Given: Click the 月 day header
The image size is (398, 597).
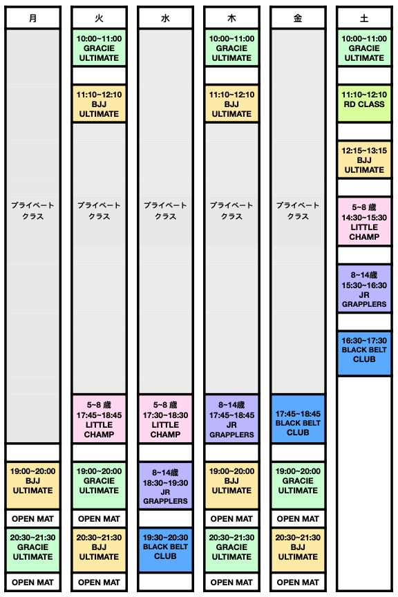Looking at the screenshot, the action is coord(32,18).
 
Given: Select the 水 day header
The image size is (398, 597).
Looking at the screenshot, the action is coord(165,18).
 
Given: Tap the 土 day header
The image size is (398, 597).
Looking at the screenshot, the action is coord(364,18).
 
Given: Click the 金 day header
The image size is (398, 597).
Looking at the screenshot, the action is coord(298,18).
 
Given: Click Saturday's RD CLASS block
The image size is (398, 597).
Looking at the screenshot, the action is coord(364,104).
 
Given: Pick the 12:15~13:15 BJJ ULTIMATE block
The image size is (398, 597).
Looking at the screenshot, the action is coord(364,160).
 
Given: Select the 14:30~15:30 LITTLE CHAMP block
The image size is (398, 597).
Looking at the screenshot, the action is coord(364,222).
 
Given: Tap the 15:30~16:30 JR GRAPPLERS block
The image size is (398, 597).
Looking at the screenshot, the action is coord(364,289).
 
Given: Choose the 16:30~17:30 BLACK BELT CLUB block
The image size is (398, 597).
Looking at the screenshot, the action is coord(364,353).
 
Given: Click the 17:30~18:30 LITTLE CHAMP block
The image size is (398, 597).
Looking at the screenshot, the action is coord(165,419).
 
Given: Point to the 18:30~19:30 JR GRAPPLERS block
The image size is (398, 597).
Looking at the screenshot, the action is coord(165,486).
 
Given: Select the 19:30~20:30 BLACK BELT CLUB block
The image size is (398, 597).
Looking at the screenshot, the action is coord(165,550).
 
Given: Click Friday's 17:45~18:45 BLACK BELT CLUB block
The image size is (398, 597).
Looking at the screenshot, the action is coord(298,419).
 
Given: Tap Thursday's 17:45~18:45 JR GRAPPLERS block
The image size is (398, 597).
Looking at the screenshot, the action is coord(231,419).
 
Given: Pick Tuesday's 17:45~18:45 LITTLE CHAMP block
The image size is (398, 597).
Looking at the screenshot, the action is coord(99,419).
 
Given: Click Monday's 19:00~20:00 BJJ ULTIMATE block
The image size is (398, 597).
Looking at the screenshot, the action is coord(32,486).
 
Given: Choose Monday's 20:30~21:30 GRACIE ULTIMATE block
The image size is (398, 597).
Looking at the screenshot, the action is coord(32,550).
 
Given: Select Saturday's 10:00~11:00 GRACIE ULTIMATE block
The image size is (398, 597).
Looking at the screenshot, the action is coord(364,48).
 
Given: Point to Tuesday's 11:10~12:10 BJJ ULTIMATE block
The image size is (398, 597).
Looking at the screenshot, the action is coord(99,104).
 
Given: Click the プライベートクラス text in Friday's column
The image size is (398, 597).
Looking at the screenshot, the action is coord(298,211).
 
